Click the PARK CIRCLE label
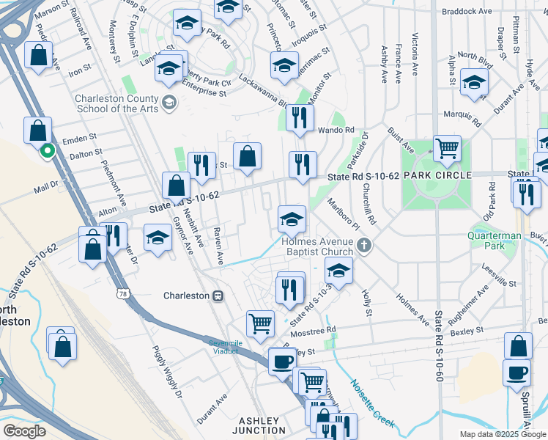tap(436, 177)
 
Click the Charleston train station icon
tap(218, 296)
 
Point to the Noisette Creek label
tap(372, 403)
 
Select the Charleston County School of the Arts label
tap(116, 103)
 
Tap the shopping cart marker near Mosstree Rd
tap(261, 322)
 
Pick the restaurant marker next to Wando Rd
tap(299, 117)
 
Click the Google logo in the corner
tap(24, 431)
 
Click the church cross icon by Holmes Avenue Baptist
tap(363, 246)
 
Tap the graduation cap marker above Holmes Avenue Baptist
tap(292, 219)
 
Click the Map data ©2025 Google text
tap(503, 434)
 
